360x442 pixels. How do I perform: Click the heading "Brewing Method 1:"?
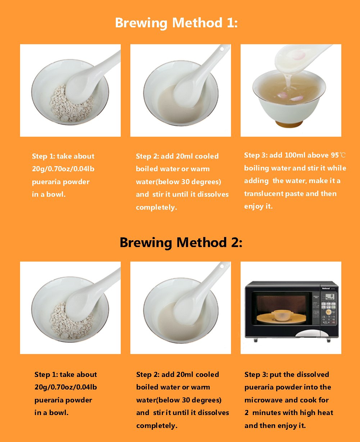click(176, 23)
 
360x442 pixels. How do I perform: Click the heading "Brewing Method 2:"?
click(181, 242)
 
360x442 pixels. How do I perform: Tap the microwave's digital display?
click(329, 297)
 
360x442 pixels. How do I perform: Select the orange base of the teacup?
click(289, 124)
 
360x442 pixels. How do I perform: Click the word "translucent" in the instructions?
click(264, 193)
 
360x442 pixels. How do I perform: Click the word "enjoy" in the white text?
click(253, 206)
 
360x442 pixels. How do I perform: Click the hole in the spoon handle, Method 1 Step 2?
click(222, 49)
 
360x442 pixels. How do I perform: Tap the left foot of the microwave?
click(255, 340)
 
